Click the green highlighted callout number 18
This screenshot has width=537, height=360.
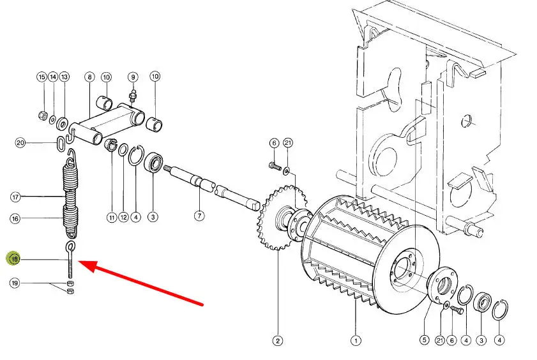15,259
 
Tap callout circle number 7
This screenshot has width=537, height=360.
199,216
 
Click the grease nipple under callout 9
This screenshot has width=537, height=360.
133,95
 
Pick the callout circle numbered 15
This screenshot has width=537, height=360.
42,77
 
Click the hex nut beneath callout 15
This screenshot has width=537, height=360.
43,116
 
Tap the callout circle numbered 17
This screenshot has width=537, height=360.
15,197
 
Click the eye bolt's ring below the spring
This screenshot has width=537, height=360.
70,245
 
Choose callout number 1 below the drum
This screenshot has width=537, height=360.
356,340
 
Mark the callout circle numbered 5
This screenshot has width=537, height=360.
425,340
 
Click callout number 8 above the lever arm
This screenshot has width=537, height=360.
89,77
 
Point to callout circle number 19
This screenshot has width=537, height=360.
15,283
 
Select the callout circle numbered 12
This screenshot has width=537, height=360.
124,217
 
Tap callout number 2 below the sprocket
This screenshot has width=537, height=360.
277,340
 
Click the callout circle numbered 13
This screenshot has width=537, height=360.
64,77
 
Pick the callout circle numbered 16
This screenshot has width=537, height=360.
15,218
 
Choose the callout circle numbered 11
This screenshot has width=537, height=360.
112,217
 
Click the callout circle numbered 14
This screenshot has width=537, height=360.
53,77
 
